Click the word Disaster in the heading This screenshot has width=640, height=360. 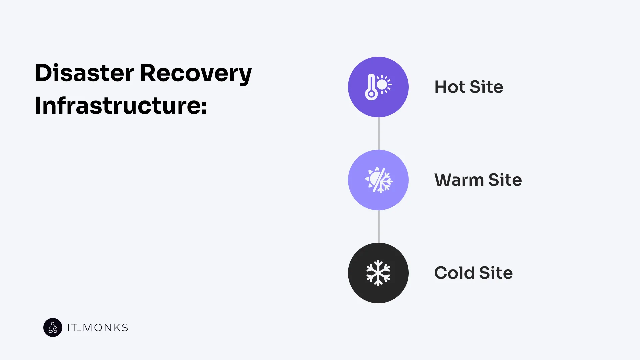(x=84, y=73)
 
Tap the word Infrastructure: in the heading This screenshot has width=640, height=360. (x=121, y=105)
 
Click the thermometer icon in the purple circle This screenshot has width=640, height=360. (x=371, y=87)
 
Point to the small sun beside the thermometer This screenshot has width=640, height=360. (x=384, y=84)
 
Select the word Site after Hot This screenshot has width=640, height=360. (x=486, y=87)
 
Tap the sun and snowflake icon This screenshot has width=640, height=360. (x=379, y=180)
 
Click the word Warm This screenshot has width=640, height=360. (x=459, y=180)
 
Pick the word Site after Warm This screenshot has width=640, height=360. (x=505, y=180)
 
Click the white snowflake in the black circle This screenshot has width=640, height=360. (x=378, y=273)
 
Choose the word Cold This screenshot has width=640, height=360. (x=454, y=273)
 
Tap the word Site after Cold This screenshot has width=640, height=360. (x=496, y=273)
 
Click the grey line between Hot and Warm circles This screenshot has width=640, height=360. (x=379, y=133)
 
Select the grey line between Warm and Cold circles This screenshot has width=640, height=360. (x=379, y=226)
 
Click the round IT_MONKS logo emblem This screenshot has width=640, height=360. (x=53, y=327)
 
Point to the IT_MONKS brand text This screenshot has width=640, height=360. (x=97, y=328)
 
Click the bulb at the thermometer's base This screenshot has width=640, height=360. (x=371, y=94)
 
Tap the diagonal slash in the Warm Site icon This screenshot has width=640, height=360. (x=379, y=180)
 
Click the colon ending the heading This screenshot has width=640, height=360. (x=204, y=106)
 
